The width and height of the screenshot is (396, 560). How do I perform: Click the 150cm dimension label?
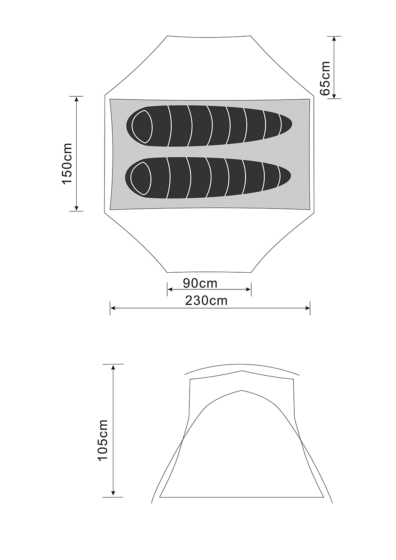point(67,163)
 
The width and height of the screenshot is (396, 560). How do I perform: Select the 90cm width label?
point(200,284)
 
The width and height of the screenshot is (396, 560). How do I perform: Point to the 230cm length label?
point(206,301)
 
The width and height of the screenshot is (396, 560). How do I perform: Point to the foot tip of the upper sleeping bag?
point(292,123)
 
